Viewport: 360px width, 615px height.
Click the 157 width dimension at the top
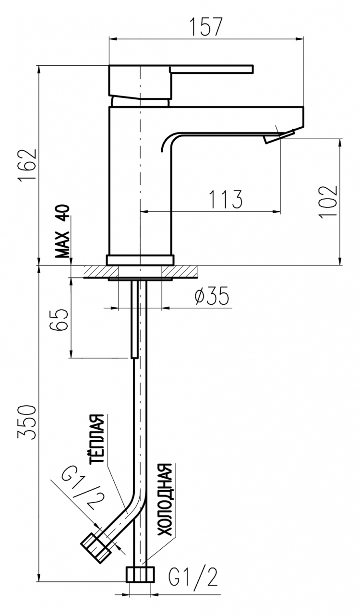click(x=206, y=26)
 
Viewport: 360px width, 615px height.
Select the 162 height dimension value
click(x=27, y=165)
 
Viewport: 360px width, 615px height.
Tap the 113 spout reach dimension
click(x=226, y=199)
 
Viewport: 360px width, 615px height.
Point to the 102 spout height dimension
click(x=328, y=202)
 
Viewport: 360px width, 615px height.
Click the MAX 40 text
click(x=62, y=231)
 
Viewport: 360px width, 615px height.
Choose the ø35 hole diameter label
click(x=212, y=296)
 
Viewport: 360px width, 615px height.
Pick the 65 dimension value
click(x=58, y=320)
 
